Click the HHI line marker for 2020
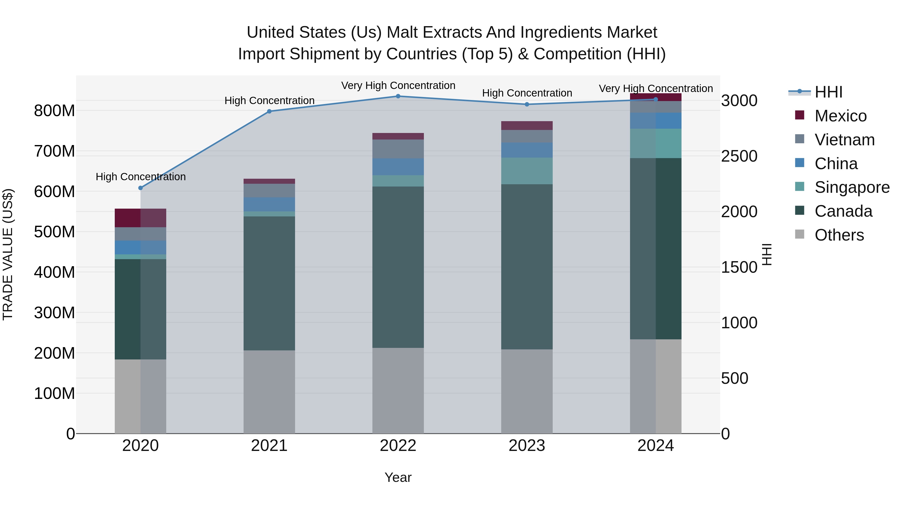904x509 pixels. [x=140, y=188]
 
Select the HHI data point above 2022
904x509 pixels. [x=398, y=96]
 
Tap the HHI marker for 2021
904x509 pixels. [x=269, y=111]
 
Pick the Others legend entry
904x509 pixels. [x=839, y=235]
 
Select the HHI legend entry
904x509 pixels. [x=828, y=92]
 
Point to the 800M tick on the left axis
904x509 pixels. [x=54, y=111]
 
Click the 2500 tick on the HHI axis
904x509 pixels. [x=739, y=156]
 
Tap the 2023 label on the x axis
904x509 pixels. [x=527, y=446]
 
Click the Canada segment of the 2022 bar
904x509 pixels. [x=398, y=267]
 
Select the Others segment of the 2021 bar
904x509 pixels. [x=269, y=392]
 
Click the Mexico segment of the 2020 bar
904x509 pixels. [x=140, y=218]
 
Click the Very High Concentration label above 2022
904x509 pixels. [x=398, y=85]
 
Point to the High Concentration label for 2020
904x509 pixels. [x=140, y=177]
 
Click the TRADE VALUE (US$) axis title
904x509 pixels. [x=8, y=254]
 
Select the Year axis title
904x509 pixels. [x=398, y=477]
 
